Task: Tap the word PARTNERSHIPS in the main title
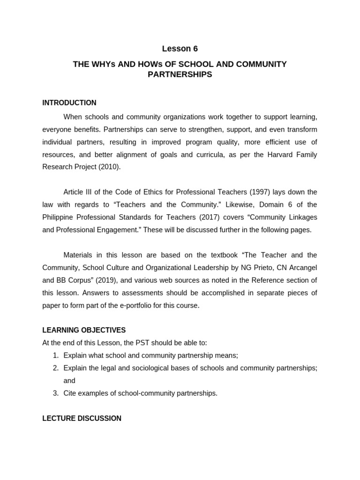click(180, 75)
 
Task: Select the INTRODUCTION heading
click(69, 103)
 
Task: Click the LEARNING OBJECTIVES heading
click(84, 330)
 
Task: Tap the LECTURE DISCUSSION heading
click(82, 418)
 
